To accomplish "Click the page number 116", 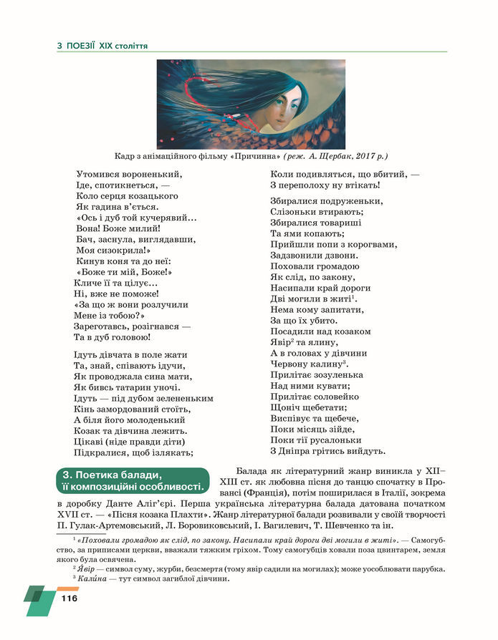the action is click(69, 598).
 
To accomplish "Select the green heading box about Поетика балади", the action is click(132, 481).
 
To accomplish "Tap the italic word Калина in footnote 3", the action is click(92, 578).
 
